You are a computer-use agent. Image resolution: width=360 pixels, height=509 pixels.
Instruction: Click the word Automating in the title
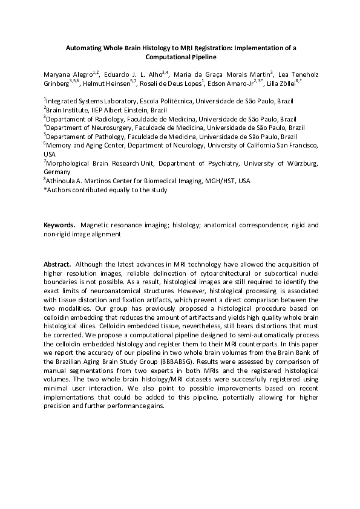(85, 47)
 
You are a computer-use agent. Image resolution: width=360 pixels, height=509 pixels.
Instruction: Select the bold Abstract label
(57, 265)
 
